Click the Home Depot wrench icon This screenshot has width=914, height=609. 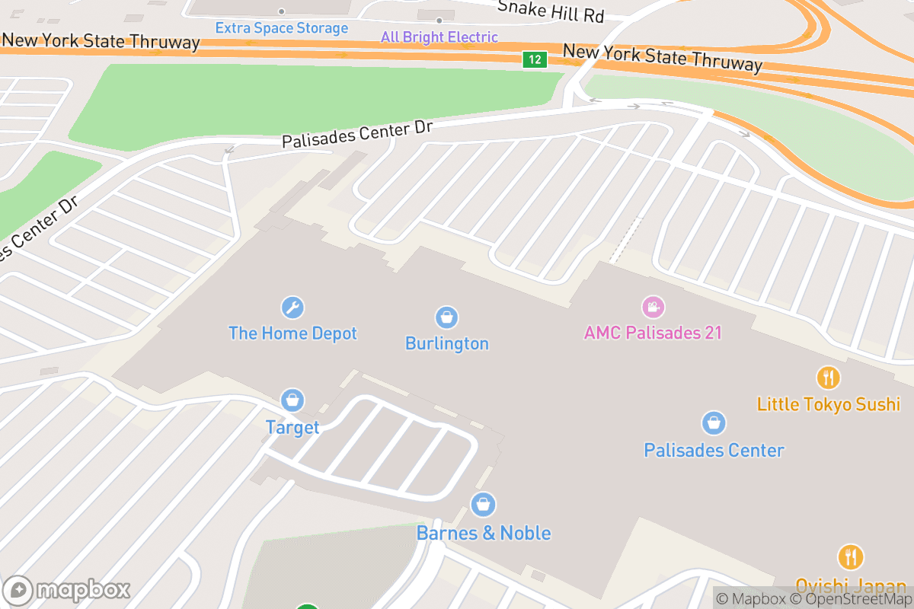tap(292, 308)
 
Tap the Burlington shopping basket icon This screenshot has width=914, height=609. tap(446, 317)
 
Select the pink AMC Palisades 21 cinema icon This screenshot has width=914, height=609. tap(653, 307)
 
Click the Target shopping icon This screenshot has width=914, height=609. tap(292, 400)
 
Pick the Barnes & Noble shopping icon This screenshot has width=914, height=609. tap(483, 504)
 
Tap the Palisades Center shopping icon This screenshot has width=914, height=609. tap(714, 422)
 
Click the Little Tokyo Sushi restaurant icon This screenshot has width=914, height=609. tap(828, 377)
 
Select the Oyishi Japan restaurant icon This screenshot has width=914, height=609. tap(850, 557)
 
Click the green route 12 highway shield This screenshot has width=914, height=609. tap(535, 59)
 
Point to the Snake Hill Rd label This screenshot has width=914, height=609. tap(551, 11)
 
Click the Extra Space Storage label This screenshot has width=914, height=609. tap(281, 28)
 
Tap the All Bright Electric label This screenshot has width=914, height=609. tap(439, 37)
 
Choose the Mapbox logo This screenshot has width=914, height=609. tap(67, 590)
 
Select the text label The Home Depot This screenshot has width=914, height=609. tap(292, 333)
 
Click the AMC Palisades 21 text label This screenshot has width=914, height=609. tap(653, 333)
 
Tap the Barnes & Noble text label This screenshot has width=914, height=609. tap(483, 533)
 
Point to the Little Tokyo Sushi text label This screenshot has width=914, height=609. tap(828, 403)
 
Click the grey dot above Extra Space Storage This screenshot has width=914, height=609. tap(281, 11)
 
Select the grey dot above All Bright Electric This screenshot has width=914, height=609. tap(439, 21)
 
